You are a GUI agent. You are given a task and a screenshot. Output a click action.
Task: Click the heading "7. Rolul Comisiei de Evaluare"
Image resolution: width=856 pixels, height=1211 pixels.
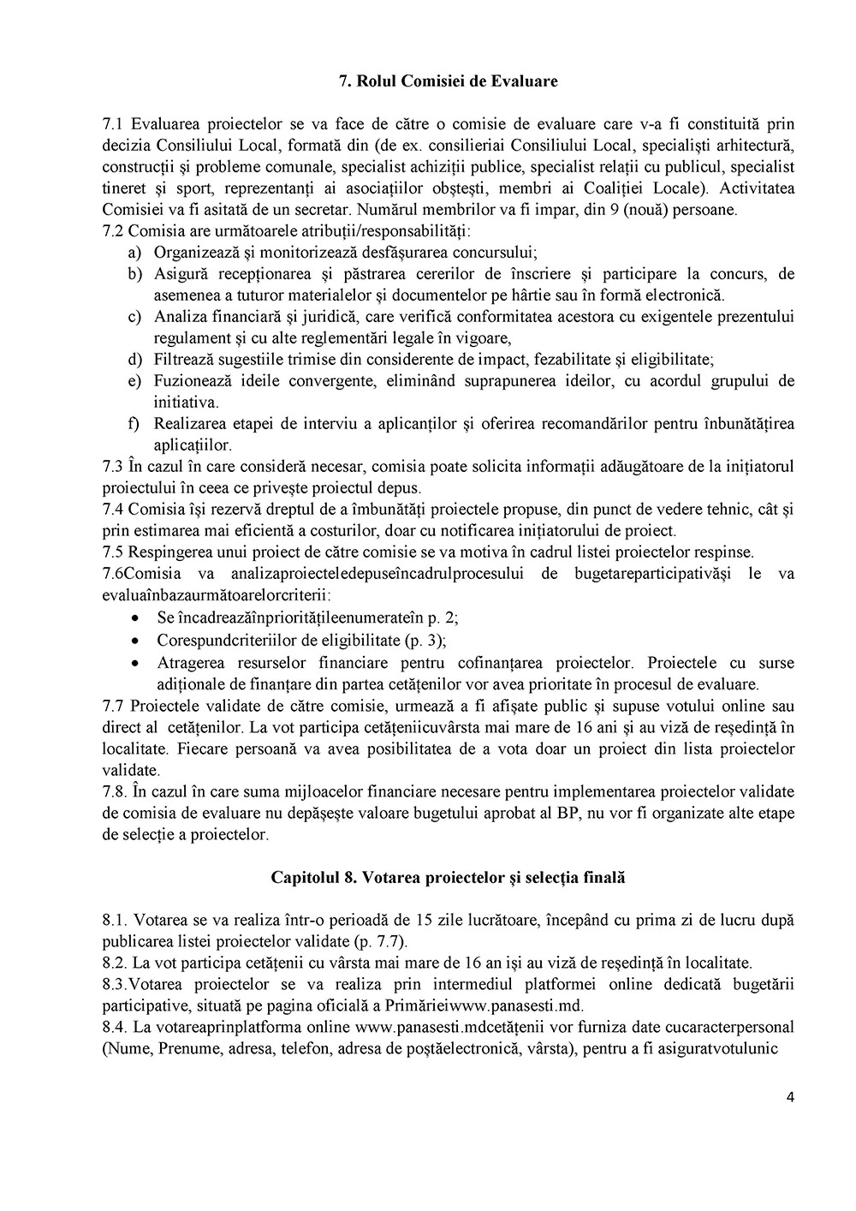coord(449,81)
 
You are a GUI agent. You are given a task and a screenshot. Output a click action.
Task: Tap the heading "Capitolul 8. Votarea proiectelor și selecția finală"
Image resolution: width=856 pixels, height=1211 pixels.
coord(449,878)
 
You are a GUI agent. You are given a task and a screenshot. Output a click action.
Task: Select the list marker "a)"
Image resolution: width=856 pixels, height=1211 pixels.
coord(134,253)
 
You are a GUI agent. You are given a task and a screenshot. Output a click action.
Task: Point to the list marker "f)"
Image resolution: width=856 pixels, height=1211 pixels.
coord(134,423)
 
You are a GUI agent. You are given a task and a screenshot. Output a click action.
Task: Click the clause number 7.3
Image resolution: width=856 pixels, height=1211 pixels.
coord(113,467)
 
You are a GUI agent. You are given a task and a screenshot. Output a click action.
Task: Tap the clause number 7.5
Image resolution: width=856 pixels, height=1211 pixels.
coord(113,552)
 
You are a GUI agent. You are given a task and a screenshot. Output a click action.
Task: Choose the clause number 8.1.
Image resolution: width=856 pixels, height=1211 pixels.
coord(115,920)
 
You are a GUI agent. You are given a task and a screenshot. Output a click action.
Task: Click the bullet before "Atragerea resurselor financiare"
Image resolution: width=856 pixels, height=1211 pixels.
coord(134,663)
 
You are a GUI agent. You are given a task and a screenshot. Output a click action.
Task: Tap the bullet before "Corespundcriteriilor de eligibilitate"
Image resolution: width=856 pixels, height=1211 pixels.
coord(134,641)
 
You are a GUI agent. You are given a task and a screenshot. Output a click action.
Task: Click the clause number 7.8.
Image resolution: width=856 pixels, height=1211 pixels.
coord(115,790)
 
